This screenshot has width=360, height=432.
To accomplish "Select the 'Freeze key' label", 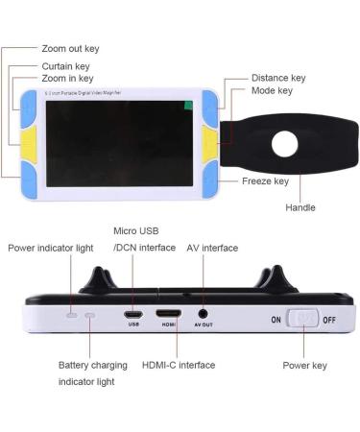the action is (x=266, y=180).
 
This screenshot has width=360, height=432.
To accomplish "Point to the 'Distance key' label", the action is (x=278, y=78).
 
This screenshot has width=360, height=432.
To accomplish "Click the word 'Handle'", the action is (x=300, y=207).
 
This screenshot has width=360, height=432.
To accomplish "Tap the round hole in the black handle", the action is (x=286, y=144).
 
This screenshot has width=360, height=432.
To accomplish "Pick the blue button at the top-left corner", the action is (x=27, y=101).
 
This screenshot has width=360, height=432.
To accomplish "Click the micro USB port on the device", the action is (x=133, y=313).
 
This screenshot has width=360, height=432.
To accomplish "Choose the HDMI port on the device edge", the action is (x=169, y=313).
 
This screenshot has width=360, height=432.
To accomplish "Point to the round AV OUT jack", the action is (x=204, y=312).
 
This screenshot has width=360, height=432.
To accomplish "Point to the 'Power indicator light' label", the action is (x=51, y=248).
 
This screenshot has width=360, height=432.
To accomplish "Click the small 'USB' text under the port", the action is (x=133, y=324).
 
